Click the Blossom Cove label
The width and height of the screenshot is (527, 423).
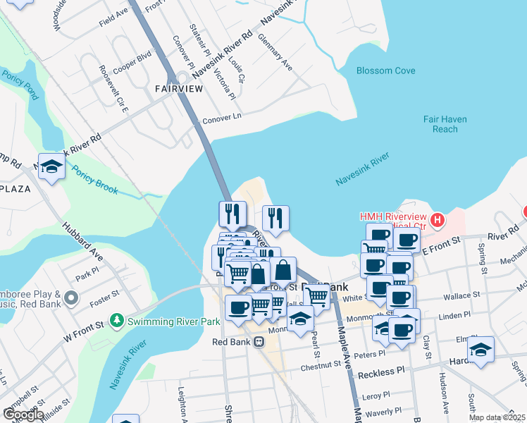click(385, 70)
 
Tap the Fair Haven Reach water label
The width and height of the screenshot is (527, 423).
click(445, 125)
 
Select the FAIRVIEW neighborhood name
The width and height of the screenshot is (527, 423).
click(179, 88)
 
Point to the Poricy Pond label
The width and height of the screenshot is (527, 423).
click(18, 79)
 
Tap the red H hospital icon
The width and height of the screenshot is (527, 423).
click(438, 220)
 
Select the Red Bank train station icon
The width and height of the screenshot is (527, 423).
click(259, 342)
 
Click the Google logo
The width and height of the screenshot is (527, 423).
click(23, 415)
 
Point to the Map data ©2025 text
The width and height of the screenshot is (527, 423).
click(492, 417)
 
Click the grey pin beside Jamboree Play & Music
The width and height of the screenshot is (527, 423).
click(70, 298)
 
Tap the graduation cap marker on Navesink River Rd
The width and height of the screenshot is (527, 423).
click(51, 166)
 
